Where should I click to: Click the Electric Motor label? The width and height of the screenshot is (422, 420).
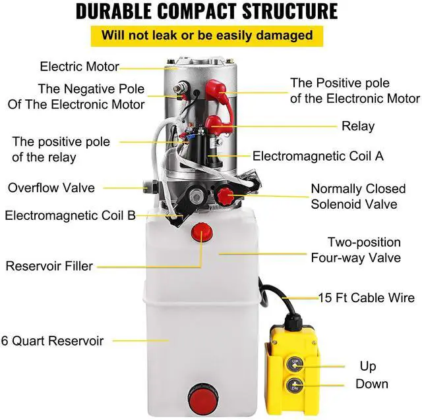tap(79, 66)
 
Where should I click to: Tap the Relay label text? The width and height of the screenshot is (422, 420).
tap(357, 126)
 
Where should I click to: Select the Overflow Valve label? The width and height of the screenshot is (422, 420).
tap(51, 188)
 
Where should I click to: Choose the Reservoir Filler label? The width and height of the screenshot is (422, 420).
tap(58, 266)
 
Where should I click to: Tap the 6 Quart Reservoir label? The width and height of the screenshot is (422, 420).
tap(52, 341)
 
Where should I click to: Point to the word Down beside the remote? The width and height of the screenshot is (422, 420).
tap(371, 384)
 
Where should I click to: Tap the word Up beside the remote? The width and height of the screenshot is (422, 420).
tap(368, 366)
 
